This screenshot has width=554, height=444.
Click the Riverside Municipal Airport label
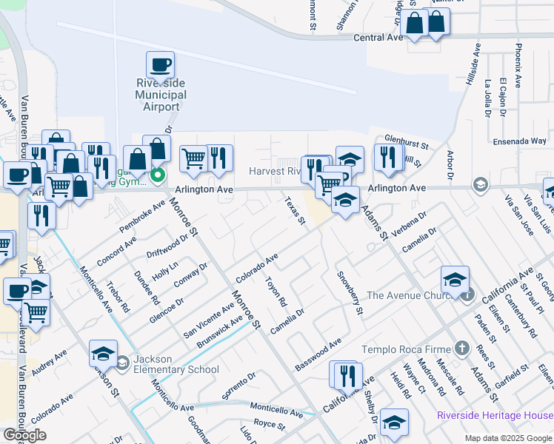(161, 95)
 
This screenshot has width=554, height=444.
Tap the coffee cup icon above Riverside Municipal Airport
(160, 64)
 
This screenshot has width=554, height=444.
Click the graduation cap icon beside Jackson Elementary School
(104, 353)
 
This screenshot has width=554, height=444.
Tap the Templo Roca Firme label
(406, 349)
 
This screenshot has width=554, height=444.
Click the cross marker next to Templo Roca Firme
(462, 348)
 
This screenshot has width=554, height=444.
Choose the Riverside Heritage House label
(494, 415)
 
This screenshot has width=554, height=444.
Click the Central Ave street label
(378, 37)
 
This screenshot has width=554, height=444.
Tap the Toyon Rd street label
(276, 290)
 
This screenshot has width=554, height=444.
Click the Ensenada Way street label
(518, 141)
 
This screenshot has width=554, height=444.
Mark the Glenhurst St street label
(407, 138)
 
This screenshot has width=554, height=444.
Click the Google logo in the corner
(24, 434)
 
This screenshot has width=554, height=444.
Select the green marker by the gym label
(157, 176)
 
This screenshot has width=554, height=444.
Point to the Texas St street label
(296, 210)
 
